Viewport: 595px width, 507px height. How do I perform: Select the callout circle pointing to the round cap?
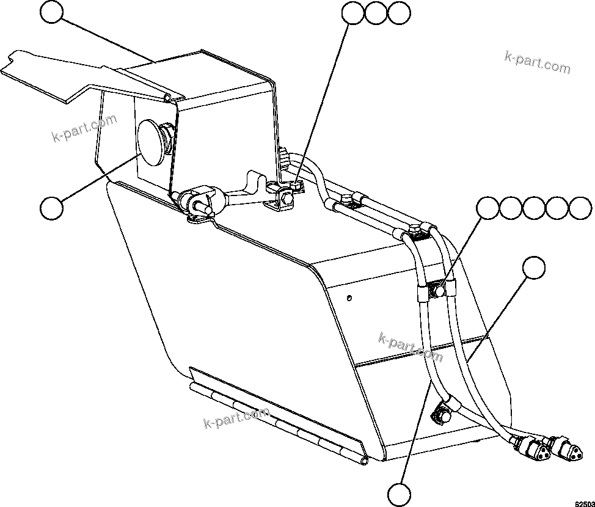tap(51, 208)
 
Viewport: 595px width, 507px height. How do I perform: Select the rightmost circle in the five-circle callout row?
tap(580, 208)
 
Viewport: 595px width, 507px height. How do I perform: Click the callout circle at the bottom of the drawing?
tap(399, 492)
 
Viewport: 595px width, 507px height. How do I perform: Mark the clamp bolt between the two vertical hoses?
tap(436, 288)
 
